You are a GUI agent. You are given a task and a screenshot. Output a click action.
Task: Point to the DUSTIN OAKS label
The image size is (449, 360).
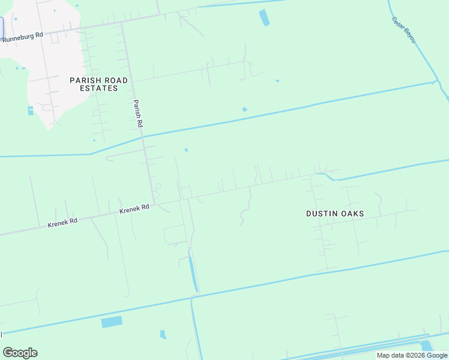[335, 214]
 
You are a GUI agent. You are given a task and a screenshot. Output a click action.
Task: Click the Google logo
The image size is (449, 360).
[20, 353]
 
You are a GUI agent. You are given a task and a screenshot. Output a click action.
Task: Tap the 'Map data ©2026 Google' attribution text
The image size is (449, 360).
[412, 355]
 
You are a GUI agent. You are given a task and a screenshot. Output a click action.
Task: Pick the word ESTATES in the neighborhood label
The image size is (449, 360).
[99, 88]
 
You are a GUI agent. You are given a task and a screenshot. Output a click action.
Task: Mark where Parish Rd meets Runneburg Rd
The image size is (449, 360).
[122, 25]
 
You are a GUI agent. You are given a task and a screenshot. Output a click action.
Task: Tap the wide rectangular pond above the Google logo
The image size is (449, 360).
[112, 322]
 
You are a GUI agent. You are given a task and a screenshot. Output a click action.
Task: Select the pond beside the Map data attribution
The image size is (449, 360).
[427, 346]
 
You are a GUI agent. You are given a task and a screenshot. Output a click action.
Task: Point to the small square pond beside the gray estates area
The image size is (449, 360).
[31, 110]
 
